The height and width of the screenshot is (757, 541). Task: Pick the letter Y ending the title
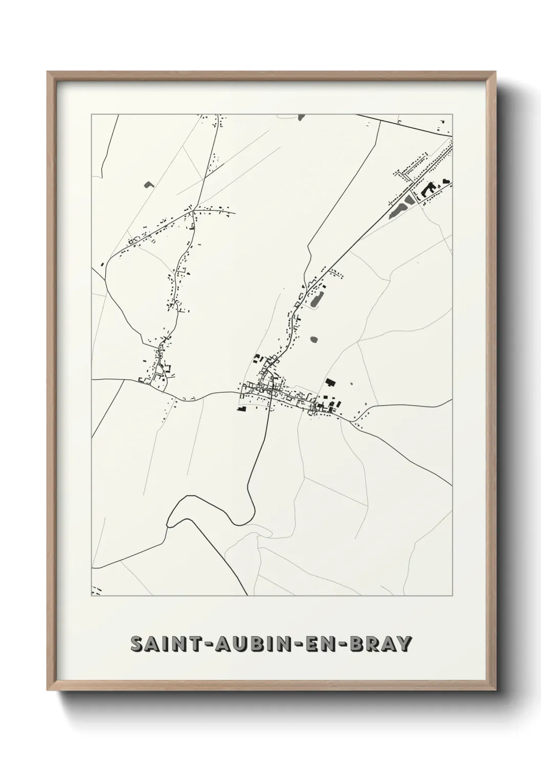404,643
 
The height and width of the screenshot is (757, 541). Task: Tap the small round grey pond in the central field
313,339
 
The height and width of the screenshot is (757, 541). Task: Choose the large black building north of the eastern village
330,382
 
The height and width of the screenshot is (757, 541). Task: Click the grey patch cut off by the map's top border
301,117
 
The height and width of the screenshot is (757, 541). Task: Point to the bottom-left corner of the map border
92,595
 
